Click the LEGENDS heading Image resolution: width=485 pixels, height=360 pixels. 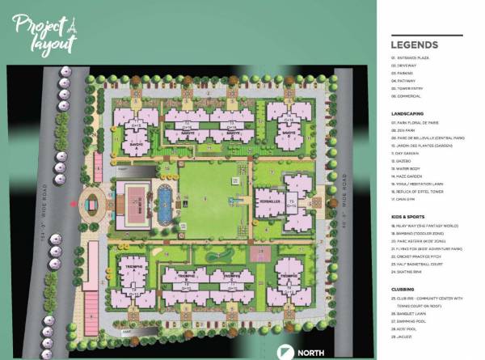tap(415, 44)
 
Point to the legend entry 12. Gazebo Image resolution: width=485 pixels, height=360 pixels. tap(403, 160)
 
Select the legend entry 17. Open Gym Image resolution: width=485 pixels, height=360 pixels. tap(406, 197)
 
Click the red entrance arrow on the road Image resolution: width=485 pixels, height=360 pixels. tap(75, 205)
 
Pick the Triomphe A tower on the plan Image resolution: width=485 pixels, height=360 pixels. tap(131, 272)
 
